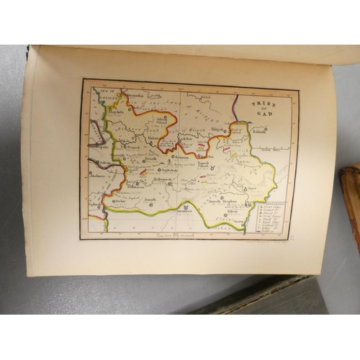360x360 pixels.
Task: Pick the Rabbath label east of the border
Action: [x=260, y=131]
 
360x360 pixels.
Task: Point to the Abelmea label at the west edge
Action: [x=97, y=174]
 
